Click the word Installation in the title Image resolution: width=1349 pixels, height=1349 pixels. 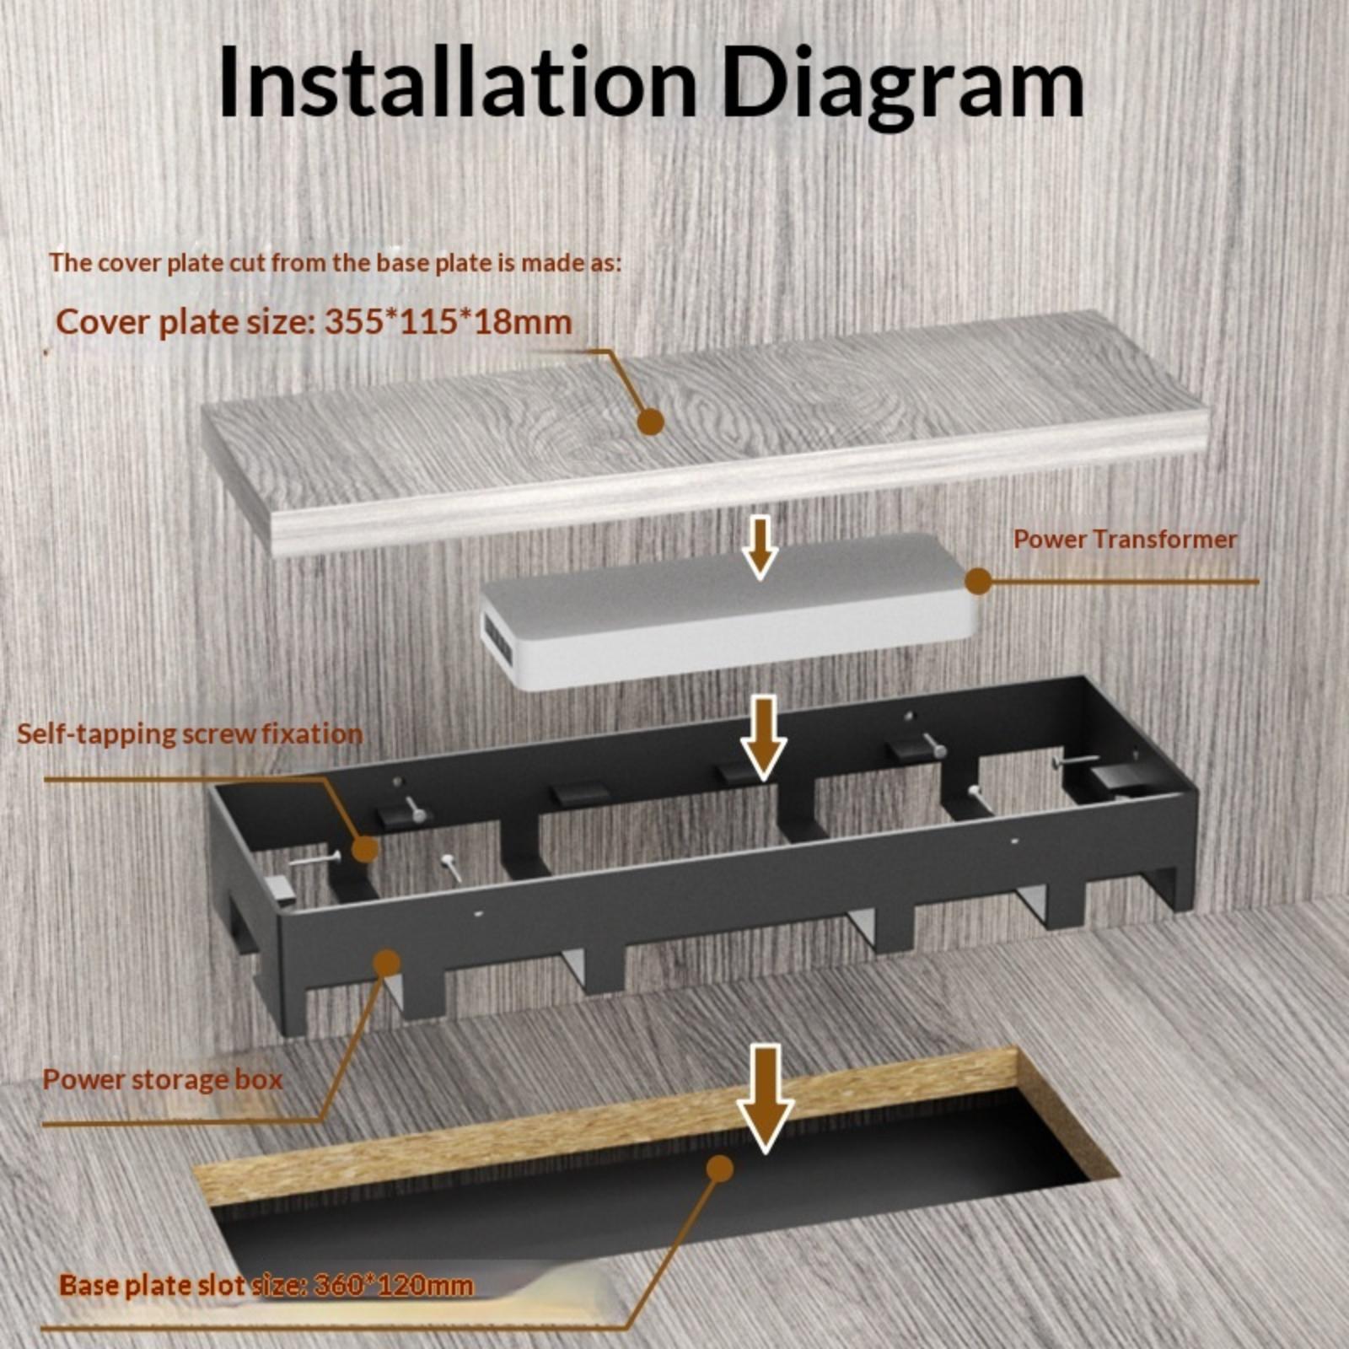(x=457, y=82)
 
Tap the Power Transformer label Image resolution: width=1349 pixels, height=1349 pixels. (x=1125, y=539)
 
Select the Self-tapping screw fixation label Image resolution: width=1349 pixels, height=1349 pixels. (x=190, y=734)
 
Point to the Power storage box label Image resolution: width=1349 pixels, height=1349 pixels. (x=163, y=1079)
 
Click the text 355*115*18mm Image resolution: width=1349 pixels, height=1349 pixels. (x=448, y=321)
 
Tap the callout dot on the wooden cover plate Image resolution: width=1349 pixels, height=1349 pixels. (x=650, y=421)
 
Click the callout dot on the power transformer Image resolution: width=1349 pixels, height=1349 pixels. (x=977, y=581)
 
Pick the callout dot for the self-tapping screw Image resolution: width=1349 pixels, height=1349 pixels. (x=364, y=848)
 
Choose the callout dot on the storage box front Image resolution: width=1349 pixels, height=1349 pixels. (x=387, y=963)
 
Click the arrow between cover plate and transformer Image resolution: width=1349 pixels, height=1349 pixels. (x=761, y=548)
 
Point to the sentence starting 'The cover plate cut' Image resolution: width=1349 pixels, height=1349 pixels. (x=335, y=262)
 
